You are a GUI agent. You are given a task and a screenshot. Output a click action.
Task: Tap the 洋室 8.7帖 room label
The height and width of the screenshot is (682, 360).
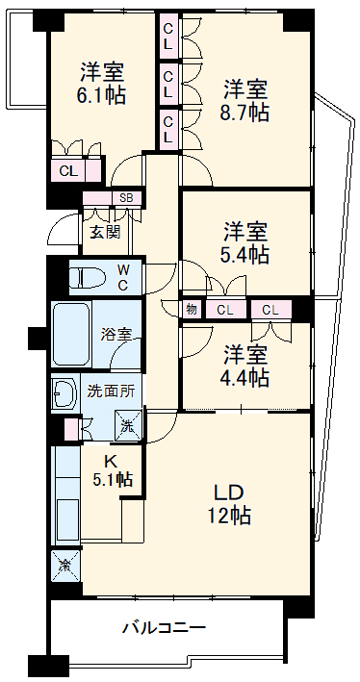[246, 99]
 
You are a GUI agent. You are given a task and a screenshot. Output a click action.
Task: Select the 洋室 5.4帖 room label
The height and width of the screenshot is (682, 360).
[246, 242]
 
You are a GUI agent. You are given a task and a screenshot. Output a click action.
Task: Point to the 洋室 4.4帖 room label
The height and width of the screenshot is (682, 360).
[246, 365]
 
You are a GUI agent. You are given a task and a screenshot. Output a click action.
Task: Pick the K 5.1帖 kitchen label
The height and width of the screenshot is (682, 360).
[112, 468]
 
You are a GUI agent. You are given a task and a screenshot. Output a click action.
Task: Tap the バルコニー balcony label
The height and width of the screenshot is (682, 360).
[163, 627]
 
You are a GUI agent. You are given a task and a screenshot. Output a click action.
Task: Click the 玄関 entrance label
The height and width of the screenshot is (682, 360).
[106, 231]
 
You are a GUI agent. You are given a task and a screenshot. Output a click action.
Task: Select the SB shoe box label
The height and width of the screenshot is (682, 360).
[126, 199]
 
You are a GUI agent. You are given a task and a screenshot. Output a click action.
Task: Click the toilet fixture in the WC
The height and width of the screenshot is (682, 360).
[87, 278]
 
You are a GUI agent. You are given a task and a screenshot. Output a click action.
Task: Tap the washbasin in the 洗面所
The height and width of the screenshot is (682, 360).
[65, 392]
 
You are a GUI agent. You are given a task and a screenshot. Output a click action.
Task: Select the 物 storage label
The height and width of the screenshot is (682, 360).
[191, 310]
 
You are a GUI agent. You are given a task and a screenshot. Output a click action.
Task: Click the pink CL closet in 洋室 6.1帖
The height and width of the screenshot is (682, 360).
[67, 171]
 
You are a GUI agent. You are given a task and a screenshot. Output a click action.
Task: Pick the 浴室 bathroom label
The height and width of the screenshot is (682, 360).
[116, 335]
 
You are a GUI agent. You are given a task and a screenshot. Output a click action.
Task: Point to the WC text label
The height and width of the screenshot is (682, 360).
[124, 277]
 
